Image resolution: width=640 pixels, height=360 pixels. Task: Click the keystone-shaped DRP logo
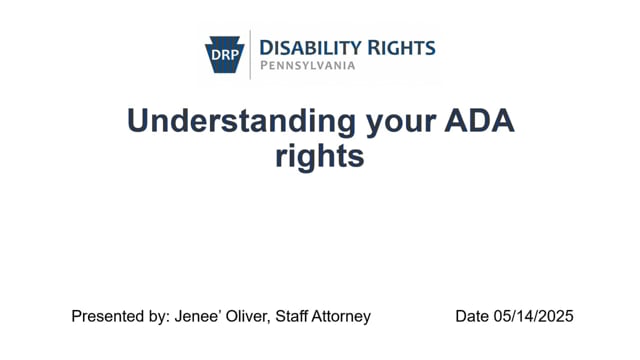coord(226,53)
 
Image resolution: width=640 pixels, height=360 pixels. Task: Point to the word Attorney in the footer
coord(344,316)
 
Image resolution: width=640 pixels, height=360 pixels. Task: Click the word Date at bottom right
coord(472,316)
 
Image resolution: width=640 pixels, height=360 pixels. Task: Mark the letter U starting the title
coord(139,121)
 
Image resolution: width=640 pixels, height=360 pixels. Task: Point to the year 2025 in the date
coord(556,316)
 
